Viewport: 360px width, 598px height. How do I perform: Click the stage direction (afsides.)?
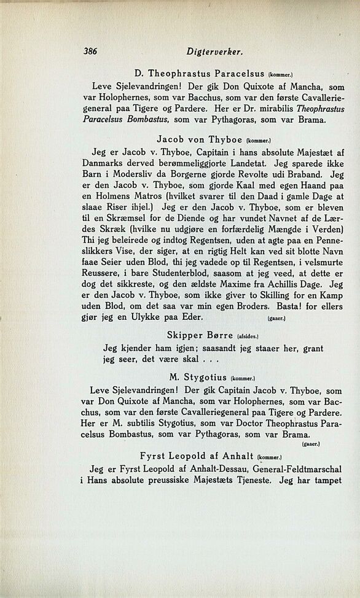248,336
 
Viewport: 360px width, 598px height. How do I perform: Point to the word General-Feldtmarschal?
292,470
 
